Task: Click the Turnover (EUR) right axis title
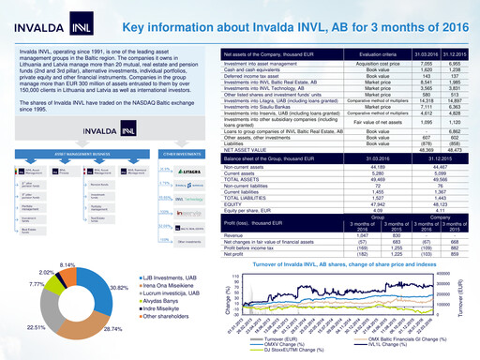(x=472, y=300)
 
